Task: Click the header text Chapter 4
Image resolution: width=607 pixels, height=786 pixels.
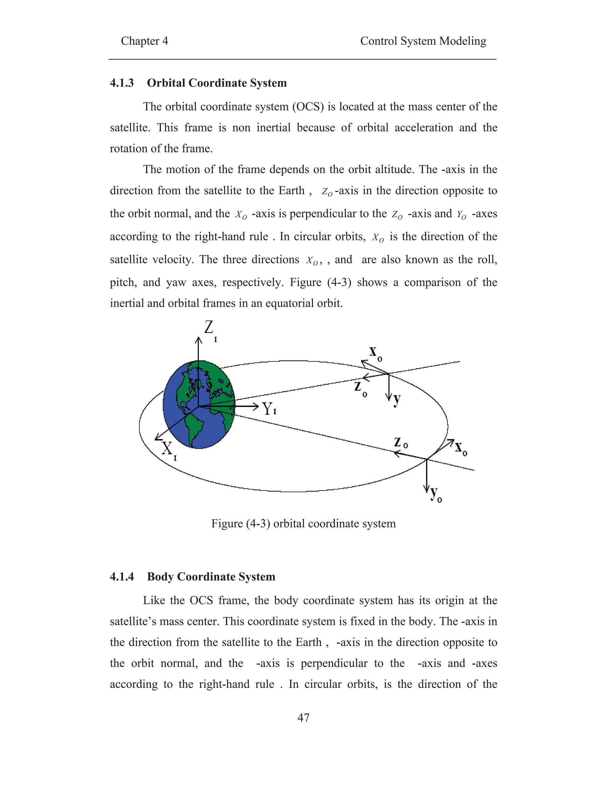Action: pos(144,41)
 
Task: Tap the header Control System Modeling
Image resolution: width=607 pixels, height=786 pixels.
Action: pos(423,41)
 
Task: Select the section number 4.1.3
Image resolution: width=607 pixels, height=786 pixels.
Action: pos(122,83)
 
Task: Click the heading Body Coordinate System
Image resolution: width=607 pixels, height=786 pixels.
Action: pos(211,577)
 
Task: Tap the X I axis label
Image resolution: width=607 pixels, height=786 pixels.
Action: pos(168,450)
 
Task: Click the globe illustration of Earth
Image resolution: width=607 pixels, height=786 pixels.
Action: pos(199,405)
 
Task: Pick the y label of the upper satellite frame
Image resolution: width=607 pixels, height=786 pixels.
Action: pos(397,399)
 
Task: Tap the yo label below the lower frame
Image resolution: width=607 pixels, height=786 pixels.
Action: pos(435,494)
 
